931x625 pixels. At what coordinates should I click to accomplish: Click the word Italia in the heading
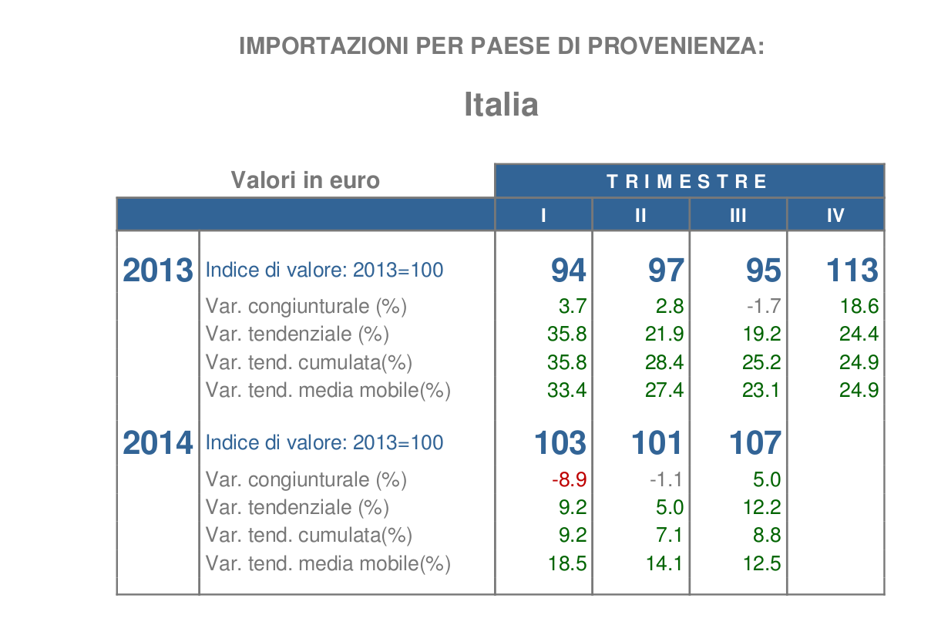click(x=501, y=104)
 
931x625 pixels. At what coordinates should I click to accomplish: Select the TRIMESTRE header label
click(x=687, y=182)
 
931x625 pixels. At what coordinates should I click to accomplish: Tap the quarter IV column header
click(x=835, y=216)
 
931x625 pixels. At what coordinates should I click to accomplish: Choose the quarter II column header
click(x=640, y=216)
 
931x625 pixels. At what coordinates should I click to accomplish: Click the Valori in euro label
click(x=305, y=180)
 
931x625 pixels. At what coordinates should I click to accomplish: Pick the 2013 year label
click(x=158, y=270)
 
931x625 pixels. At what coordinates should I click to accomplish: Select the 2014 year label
click(x=158, y=443)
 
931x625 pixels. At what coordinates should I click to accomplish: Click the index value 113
click(x=852, y=270)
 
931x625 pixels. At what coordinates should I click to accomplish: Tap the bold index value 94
click(x=569, y=270)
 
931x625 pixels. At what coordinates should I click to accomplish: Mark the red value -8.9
click(x=570, y=479)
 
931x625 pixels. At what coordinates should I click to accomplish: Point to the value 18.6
click(x=859, y=307)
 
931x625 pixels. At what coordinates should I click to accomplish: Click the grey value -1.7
click(x=763, y=307)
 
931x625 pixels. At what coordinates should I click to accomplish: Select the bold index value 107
click(x=755, y=443)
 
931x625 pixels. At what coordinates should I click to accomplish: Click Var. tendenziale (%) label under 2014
click(x=297, y=507)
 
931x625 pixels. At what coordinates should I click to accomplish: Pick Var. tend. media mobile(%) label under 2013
click(x=328, y=390)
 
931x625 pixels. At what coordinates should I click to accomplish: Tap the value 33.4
click(x=567, y=390)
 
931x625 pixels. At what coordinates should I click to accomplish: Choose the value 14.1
click(x=664, y=563)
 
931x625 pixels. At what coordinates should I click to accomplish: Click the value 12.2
click(x=761, y=507)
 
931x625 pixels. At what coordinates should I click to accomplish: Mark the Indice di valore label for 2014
click(x=324, y=443)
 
